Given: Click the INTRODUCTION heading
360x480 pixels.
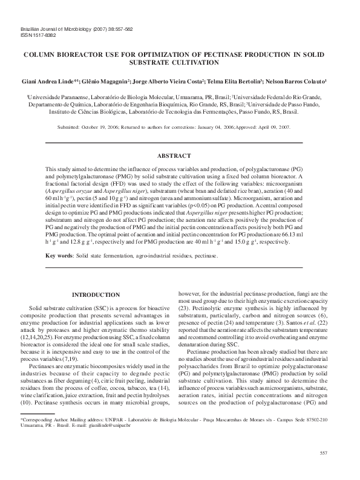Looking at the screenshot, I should pos(96,294).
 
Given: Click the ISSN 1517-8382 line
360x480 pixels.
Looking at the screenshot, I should pos(38,35).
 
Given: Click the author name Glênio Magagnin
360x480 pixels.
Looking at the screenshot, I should pos(106,80).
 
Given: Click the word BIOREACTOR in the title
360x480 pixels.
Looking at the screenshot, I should pos(85,54).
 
